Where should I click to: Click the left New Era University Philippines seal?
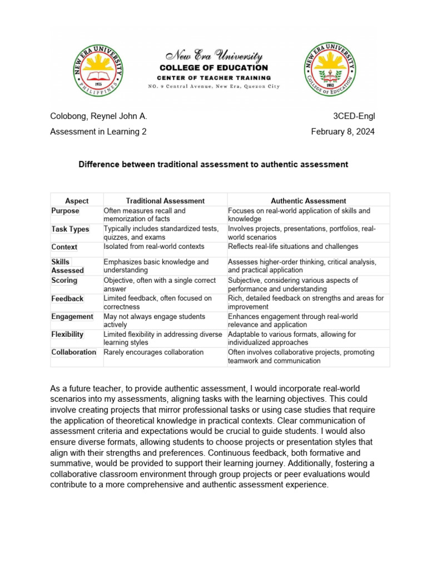(100, 69)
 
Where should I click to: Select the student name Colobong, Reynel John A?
(98, 116)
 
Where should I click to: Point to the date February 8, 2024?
(342, 132)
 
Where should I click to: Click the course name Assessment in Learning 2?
(98, 132)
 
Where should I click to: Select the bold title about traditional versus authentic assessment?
(213, 164)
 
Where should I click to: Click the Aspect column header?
(77, 201)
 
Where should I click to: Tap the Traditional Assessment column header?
(165, 201)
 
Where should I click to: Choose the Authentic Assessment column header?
(309, 201)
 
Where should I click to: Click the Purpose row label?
(66, 211)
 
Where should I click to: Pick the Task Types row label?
(70, 229)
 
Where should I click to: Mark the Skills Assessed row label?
(67, 266)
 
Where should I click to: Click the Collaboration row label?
(74, 352)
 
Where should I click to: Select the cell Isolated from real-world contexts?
(154, 246)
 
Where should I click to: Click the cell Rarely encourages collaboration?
(153, 352)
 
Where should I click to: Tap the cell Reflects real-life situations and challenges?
(293, 246)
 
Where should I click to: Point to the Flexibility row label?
(67, 335)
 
